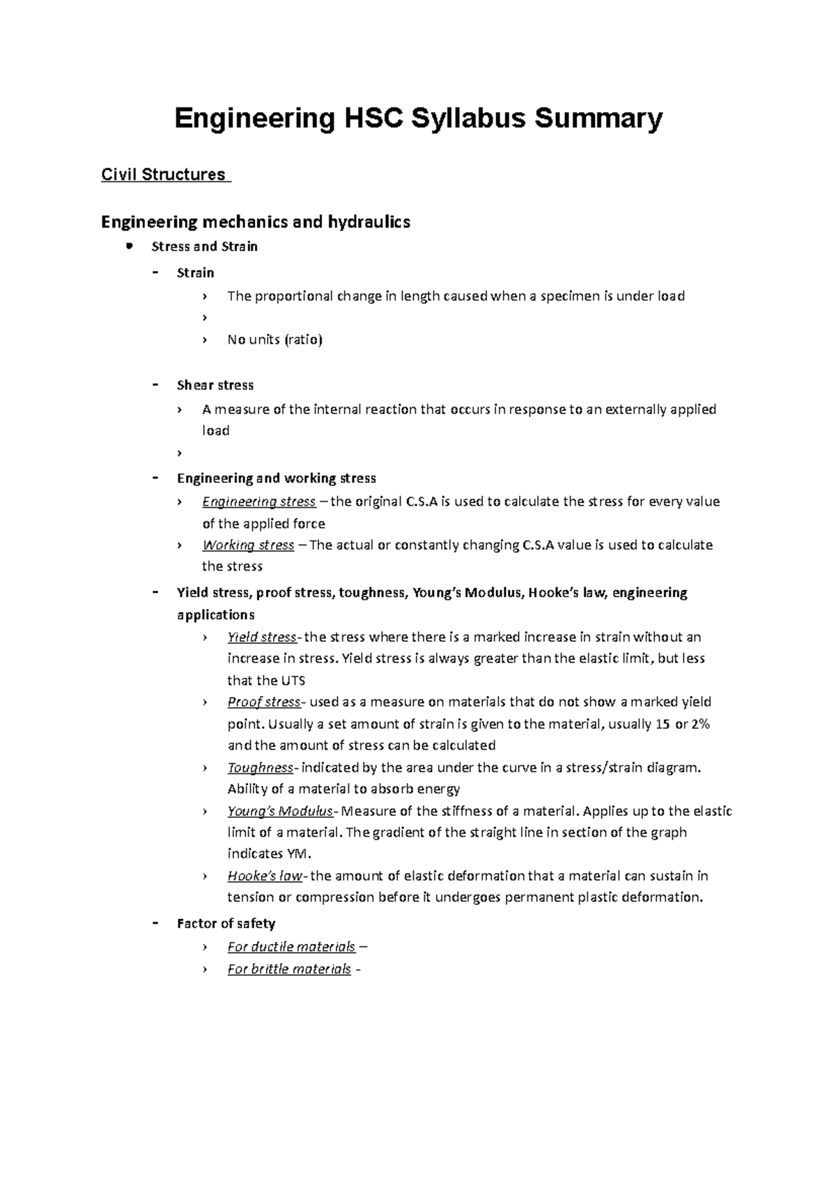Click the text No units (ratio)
coord(274,340)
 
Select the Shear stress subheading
coord(215,385)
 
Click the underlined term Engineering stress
coord(258,502)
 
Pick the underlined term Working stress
coord(248,545)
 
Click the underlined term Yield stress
coord(262,637)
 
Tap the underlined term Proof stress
coord(263,702)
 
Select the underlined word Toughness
coord(261,768)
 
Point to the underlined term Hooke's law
coord(264,876)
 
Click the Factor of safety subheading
coord(226,924)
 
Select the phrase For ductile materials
coord(291,947)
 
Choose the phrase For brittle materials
coord(289,969)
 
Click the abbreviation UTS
coord(293,681)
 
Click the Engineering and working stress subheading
coord(277,479)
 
